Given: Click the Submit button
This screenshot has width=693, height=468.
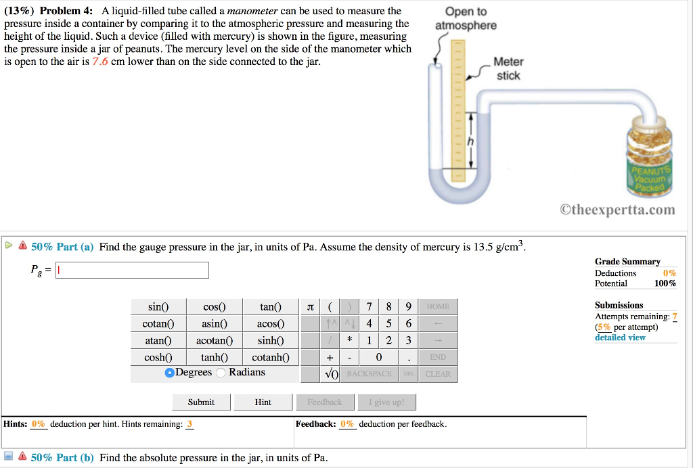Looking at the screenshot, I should coord(201,402).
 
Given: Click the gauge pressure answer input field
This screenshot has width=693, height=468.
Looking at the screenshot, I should coord(133,271).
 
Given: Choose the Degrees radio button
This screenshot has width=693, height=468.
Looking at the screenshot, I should coord(169,373).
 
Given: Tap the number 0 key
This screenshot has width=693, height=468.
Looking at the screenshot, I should coord(378,357).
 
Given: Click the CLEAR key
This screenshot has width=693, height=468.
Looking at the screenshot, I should coord(437,374).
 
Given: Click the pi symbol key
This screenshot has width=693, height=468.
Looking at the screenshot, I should coord(311,307).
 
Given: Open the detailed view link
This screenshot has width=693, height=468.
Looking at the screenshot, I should coord(620,337).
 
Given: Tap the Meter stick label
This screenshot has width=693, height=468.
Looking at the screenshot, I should coord(508,69).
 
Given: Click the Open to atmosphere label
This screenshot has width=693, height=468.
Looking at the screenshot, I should coord(466,18).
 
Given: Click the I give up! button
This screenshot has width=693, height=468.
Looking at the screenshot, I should coord(386,402).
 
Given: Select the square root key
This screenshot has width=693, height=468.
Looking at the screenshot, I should coord(331,374).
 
